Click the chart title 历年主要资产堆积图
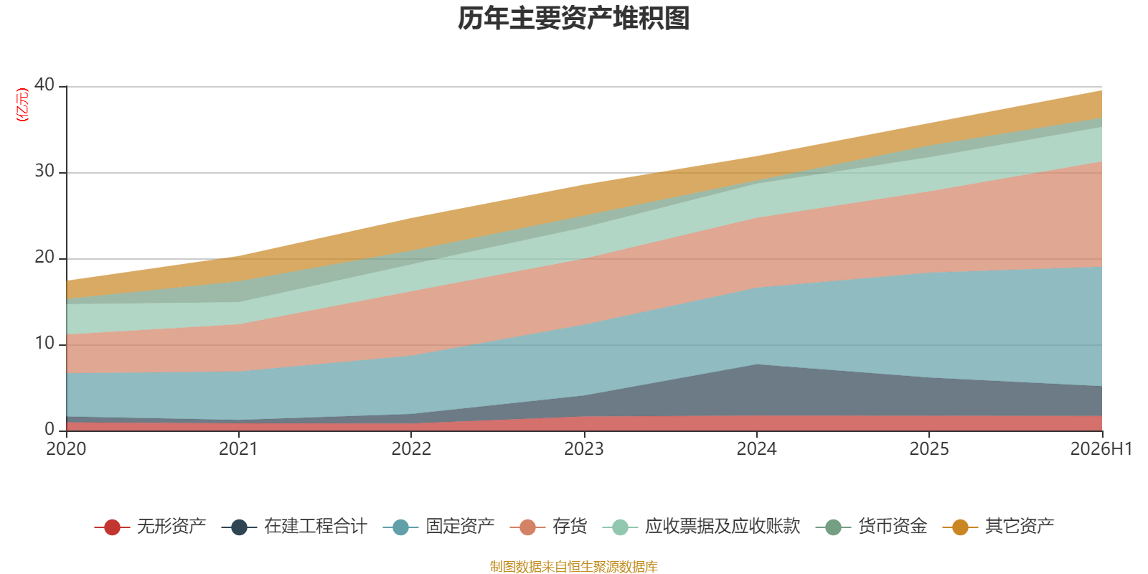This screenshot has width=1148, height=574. click(573, 19)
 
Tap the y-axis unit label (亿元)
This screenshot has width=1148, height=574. click(22, 105)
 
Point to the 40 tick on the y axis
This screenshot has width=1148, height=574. click(44, 85)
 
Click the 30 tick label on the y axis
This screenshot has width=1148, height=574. click(44, 171)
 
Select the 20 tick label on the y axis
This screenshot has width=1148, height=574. click(44, 258)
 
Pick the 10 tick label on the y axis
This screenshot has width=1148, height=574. click(44, 344)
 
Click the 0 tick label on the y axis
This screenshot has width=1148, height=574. click(50, 429)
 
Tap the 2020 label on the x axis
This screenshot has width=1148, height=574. click(66, 449)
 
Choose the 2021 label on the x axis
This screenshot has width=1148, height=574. click(238, 449)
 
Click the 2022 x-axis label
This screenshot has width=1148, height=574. click(411, 449)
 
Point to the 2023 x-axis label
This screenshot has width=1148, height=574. click(584, 449)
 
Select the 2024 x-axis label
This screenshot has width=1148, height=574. click(756, 449)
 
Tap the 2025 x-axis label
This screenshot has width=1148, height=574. click(929, 449)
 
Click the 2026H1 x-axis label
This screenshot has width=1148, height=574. click(1101, 449)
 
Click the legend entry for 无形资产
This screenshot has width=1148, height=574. click(150, 527)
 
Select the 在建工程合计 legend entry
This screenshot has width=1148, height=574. click(294, 527)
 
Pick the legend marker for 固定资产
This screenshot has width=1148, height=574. click(400, 527)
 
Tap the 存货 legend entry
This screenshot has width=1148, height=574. click(548, 527)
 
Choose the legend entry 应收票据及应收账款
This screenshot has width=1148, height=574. click(701, 527)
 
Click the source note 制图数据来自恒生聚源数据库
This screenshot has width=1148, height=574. click(573, 566)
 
